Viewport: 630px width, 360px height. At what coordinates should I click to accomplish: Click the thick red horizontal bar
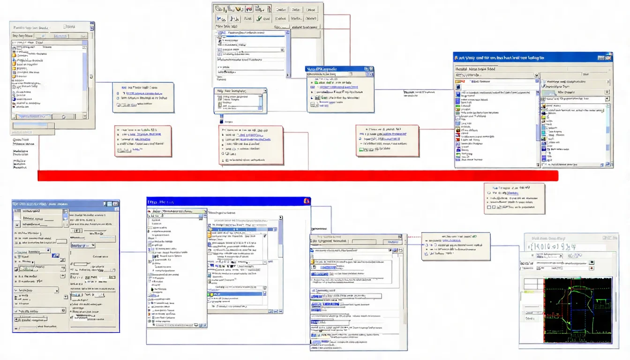tap(298, 176)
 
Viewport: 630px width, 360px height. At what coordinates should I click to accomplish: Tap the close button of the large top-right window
tap(609, 58)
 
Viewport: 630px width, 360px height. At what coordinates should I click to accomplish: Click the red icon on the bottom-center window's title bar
tap(307, 201)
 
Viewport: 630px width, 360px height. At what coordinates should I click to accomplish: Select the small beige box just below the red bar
tap(514, 198)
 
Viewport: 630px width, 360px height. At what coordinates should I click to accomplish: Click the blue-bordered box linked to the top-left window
tap(143, 97)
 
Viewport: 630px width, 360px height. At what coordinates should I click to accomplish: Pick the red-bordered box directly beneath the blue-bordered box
tap(143, 141)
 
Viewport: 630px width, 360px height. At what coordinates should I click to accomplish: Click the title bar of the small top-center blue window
tap(335, 69)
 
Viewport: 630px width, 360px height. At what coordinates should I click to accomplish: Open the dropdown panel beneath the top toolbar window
tap(240, 100)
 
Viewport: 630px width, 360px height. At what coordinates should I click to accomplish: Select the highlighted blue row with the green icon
tap(235, 294)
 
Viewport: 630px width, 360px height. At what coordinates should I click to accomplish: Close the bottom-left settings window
tap(115, 204)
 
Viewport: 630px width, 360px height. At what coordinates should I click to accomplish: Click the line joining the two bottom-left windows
tap(133, 252)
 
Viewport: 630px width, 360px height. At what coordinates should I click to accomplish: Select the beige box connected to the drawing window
tap(456, 246)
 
